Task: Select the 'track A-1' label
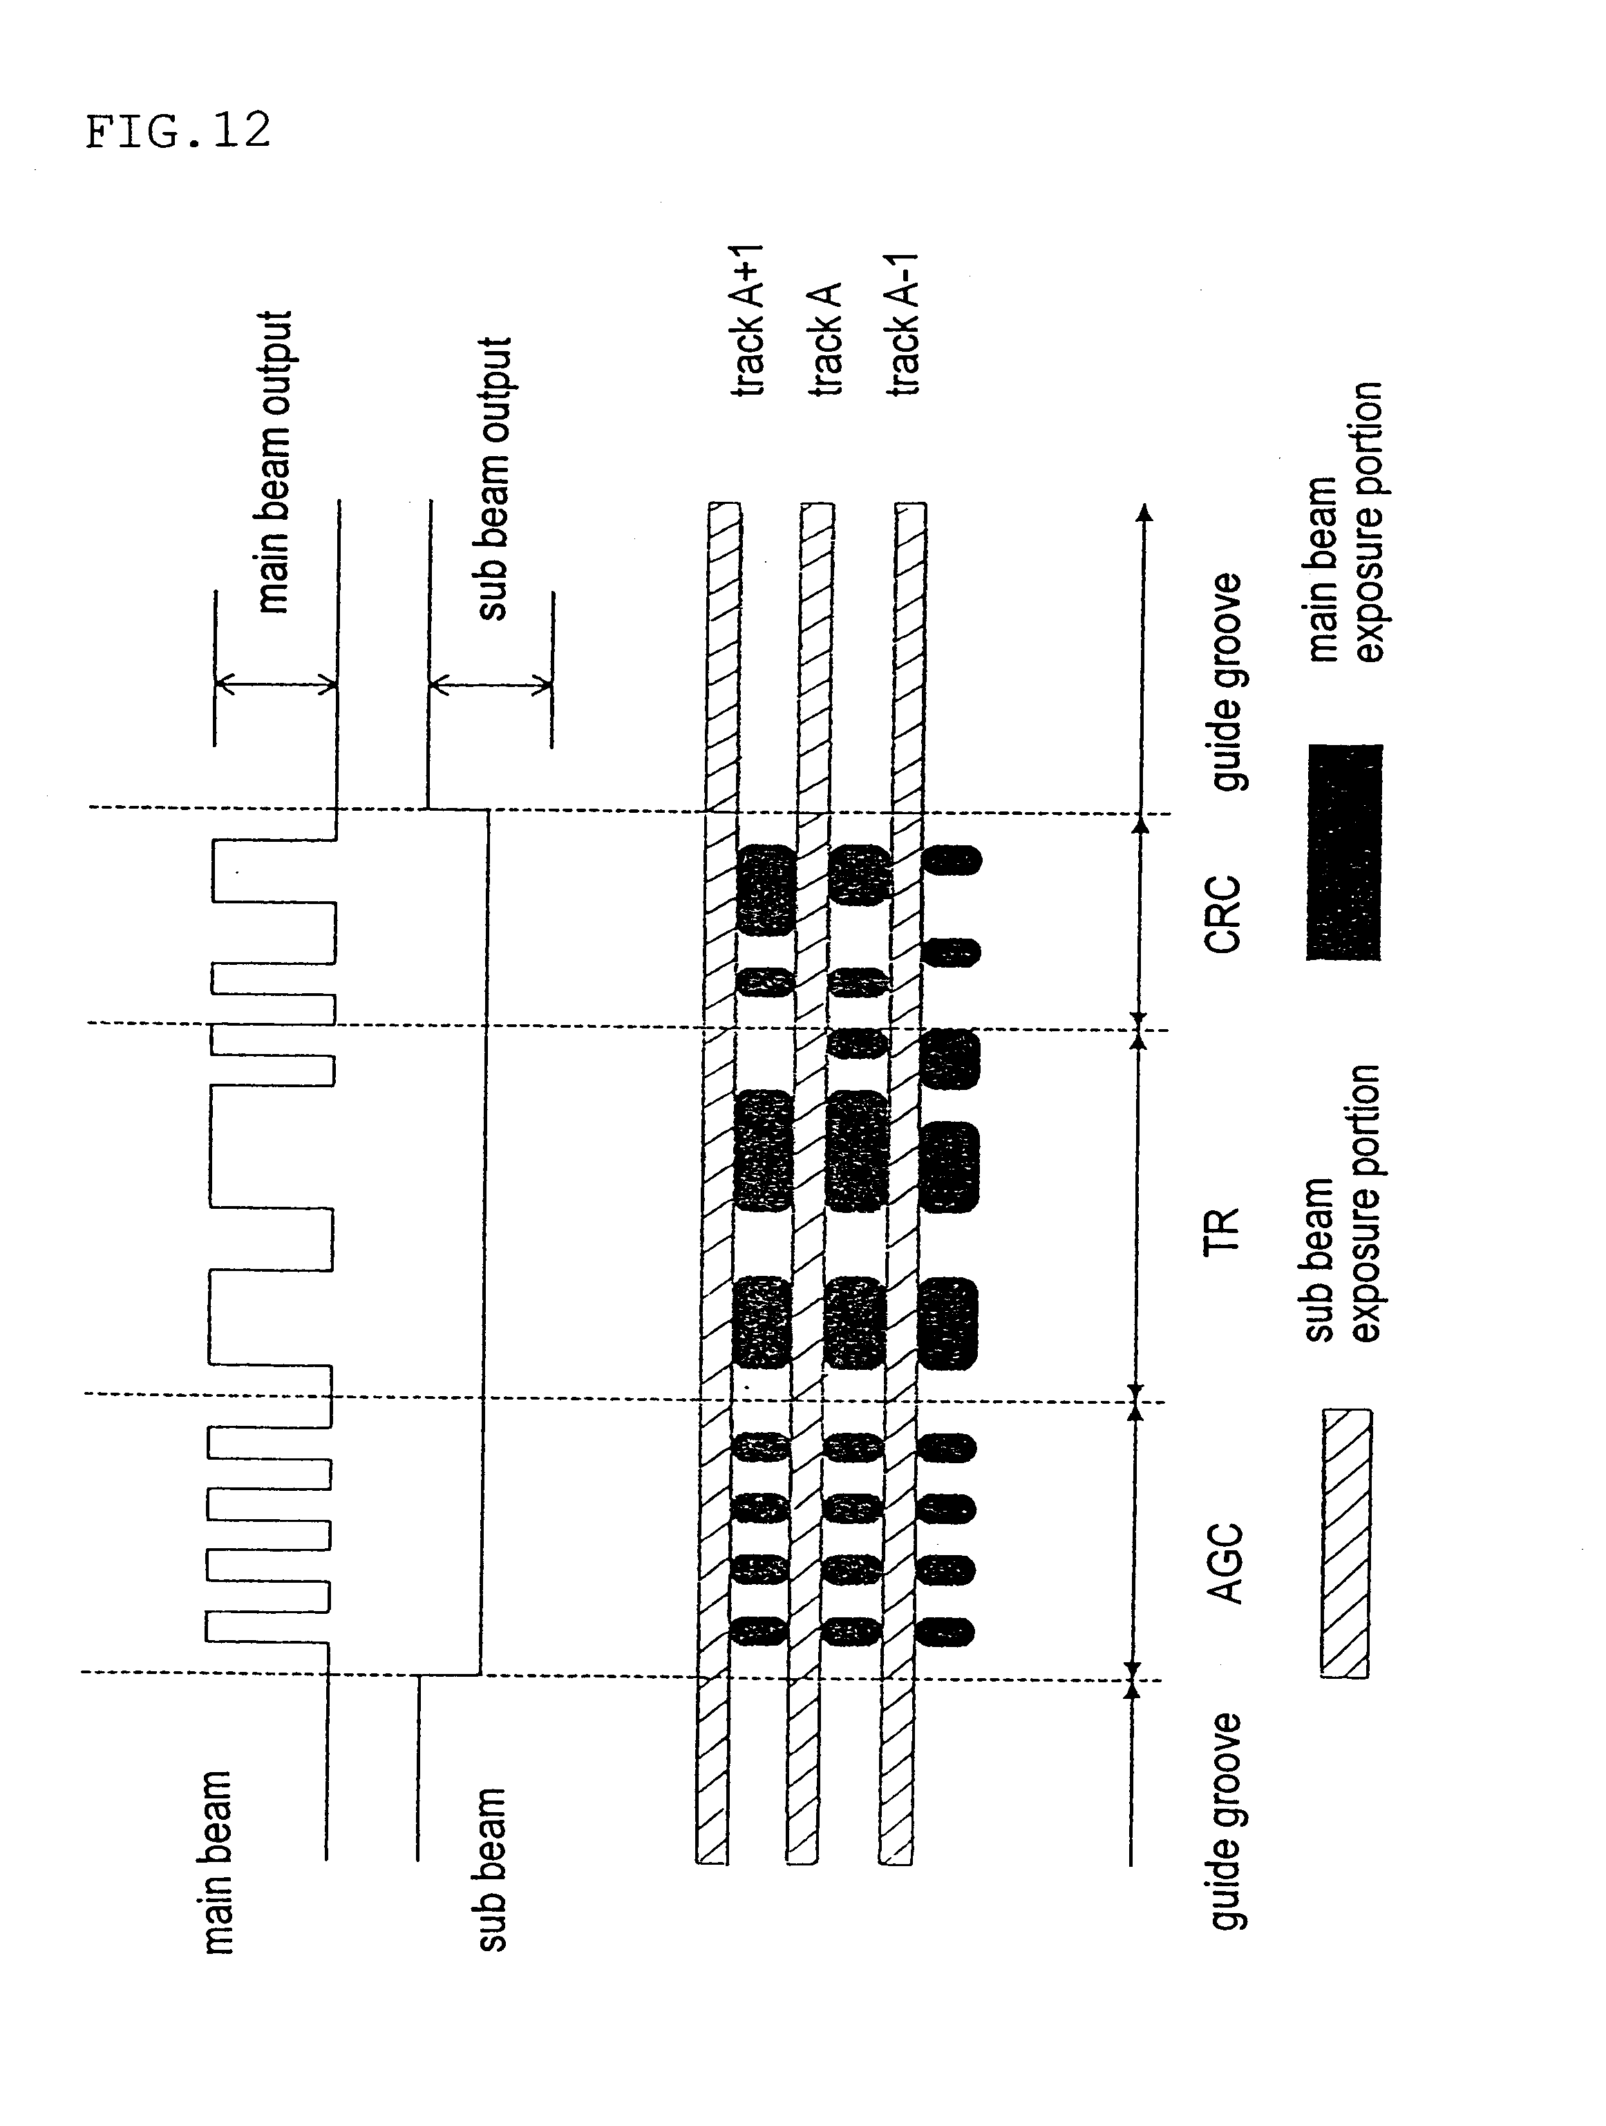[x=903, y=325]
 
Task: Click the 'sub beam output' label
[x=494, y=479]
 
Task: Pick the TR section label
[x=1222, y=1231]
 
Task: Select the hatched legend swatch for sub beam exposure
[x=1346, y=1543]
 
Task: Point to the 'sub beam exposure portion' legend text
[x=1343, y=1203]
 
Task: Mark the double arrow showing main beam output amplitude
[x=276, y=685]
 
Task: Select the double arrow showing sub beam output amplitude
[x=491, y=685]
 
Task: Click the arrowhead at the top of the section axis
[x=1144, y=511]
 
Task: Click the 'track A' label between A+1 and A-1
[x=826, y=339]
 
